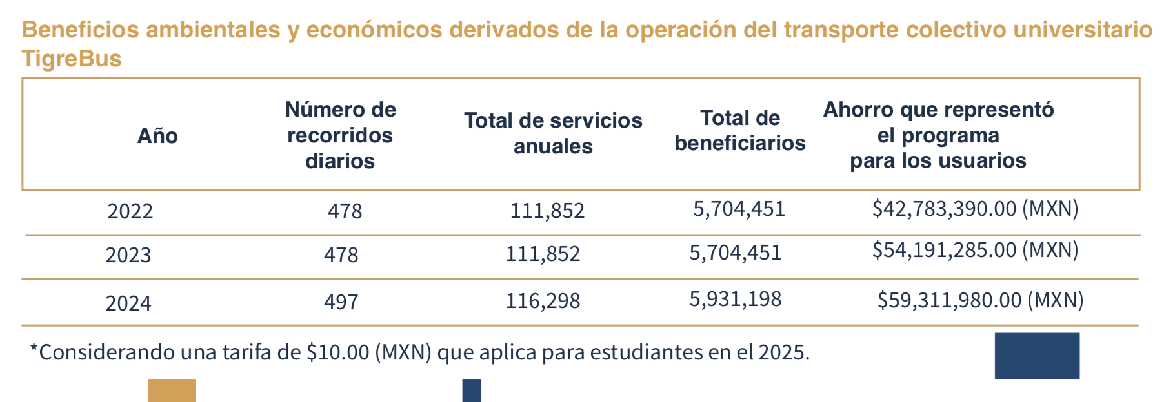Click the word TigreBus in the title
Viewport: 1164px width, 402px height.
click(x=72, y=59)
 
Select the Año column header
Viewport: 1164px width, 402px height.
click(x=157, y=136)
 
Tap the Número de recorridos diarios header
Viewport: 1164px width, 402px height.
click(x=340, y=135)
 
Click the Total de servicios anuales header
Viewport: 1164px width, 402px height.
click(x=553, y=133)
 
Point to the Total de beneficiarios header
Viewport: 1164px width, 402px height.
click(x=739, y=130)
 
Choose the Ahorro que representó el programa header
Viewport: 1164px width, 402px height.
click(x=938, y=135)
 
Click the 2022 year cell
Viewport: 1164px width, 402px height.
click(x=130, y=211)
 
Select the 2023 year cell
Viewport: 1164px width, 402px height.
click(x=128, y=255)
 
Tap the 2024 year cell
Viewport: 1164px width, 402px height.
click(x=128, y=303)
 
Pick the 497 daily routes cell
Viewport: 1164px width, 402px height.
click(x=341, y=301)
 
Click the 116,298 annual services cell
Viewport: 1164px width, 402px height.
click(x=543, y=301)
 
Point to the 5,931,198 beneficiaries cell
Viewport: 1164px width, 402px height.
click(x=735, y=299)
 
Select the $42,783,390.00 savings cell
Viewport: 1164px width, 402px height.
click(x=974, y=209)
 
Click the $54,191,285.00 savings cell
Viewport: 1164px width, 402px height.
click(x=974, y=250)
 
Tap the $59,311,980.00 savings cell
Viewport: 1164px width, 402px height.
click(x=979, y=300)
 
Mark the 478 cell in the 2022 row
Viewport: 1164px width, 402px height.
click(x=345, y=211)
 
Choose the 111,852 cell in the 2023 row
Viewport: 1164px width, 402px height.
click(x=543, y=254)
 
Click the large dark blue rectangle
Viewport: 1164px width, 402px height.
click(x=1036, y=356)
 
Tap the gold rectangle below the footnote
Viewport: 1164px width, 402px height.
click(x=172, y=390)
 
